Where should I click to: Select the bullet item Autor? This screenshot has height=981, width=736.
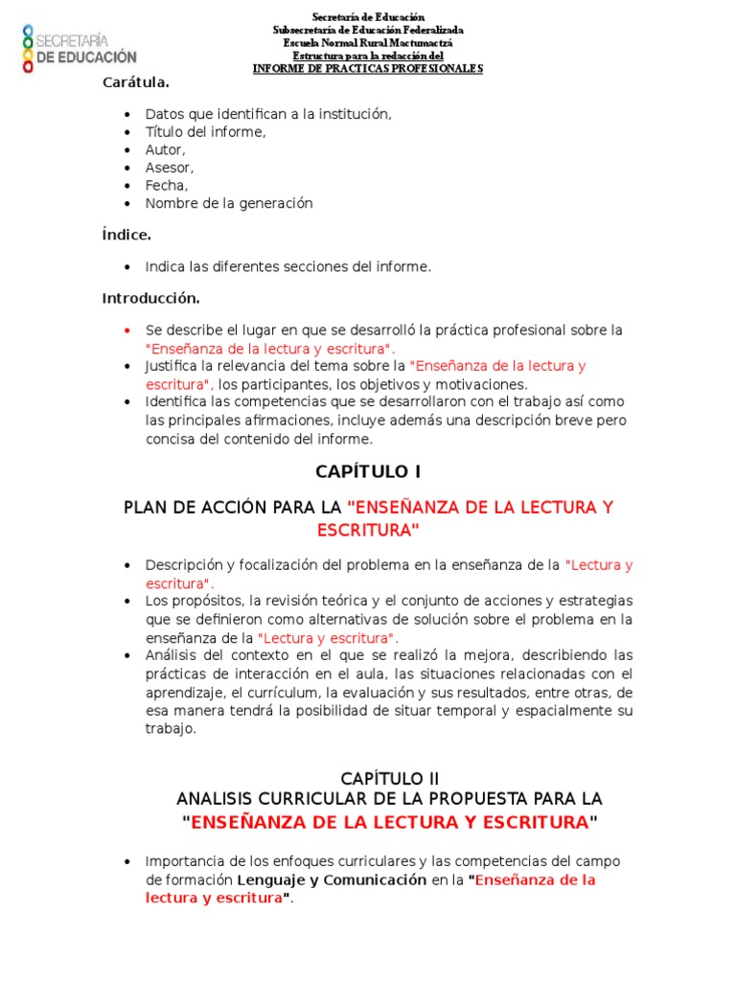[166, 149]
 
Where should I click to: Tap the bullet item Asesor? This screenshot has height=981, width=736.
[170, 168]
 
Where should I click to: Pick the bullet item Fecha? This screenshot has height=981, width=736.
[167, 186]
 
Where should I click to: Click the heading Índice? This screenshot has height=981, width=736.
[126, 235]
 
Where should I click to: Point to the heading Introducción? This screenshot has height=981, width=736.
[151, 298]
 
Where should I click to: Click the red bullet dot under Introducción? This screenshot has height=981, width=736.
[127, 331]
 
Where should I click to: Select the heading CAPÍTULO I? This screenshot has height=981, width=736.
[368, 471]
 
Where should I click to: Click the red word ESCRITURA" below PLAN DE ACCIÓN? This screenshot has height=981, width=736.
[368, 530]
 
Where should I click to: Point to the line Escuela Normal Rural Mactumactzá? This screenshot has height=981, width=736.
[368, 43]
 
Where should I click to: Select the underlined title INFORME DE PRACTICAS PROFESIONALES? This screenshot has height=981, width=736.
[368, 68]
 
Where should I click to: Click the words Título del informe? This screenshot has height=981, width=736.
[205, 132]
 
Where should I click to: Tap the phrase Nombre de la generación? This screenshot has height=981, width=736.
[229, 203]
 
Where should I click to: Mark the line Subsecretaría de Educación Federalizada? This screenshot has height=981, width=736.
[368, 31]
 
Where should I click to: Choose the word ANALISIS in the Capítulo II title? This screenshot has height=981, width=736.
[215, 799]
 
